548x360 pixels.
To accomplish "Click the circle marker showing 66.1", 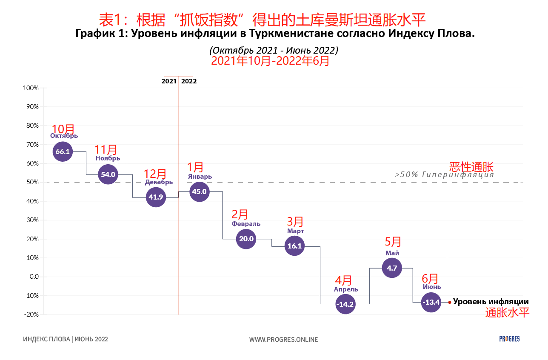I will click(63, 151).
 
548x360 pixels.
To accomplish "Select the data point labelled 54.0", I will click(108, 174).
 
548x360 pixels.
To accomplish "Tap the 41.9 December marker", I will click(156, 197).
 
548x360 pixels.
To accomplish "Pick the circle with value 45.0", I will click(199, 191).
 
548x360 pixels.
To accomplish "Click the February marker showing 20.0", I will click(246, 239).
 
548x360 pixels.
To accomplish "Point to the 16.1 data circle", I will click(294, 246).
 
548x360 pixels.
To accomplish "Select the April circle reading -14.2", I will click(345, 304).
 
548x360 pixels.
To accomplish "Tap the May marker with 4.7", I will click(392, 268).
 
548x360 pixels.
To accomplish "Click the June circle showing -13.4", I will click(431, 303).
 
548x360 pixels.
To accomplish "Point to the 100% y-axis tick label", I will click(30, 88).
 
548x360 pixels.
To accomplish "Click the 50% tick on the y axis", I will click(32, 182).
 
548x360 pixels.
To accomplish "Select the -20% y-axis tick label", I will click(31, 314).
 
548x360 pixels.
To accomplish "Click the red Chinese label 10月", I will click(63, 129).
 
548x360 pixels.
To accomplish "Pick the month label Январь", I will click(200, 177).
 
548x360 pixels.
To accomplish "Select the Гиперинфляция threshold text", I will click(444, 174).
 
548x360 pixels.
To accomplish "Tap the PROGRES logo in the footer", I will click(509, 339).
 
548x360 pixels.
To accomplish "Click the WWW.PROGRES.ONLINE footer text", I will click(283, 339).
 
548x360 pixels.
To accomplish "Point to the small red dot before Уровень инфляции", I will click(450, 303).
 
